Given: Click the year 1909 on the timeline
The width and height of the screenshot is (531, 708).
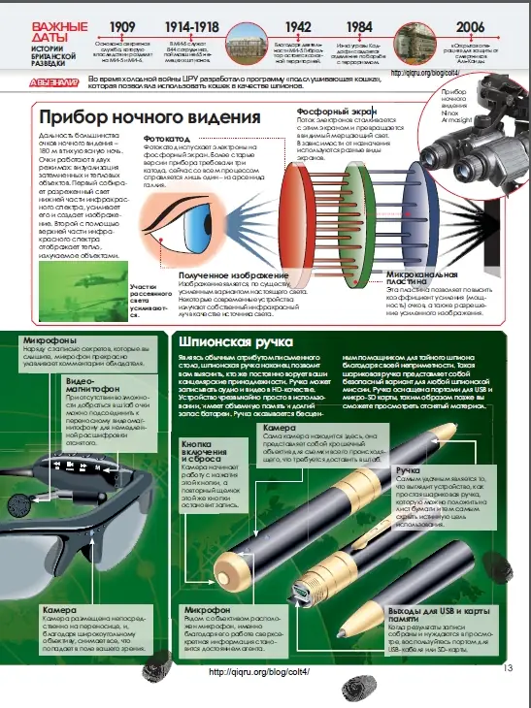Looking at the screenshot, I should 122,27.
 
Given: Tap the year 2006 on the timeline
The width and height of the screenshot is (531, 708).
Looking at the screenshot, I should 471,27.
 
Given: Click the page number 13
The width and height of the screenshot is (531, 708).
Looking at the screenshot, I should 508,666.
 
